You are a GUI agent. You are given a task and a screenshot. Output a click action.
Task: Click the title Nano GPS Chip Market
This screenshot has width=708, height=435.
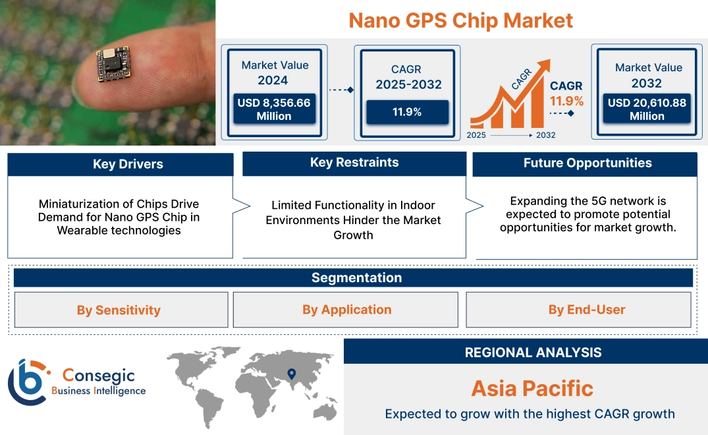click(460, 21)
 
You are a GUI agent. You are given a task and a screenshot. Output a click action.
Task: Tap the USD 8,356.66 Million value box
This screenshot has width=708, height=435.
click(274, 109)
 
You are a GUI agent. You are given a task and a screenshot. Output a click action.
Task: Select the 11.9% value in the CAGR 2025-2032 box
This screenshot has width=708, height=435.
click(407, 112)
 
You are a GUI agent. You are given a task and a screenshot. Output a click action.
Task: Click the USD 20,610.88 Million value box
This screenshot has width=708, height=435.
click(647, 109)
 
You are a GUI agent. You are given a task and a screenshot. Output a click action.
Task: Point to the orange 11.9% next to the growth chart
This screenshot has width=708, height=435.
click(566, 101)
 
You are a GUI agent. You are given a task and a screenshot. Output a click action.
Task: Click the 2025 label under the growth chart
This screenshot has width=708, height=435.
click(476, 135)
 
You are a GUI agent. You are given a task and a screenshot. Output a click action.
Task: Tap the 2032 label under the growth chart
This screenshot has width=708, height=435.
click(546, 135)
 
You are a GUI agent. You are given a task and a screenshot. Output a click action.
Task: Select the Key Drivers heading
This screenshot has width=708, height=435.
click(128, 164)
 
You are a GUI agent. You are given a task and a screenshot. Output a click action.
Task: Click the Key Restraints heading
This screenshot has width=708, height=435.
click(354, 163)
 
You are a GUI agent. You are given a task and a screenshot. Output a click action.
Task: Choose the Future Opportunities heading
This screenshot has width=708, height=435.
click(587, 163)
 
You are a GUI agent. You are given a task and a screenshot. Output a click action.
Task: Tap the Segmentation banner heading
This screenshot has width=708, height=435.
click(357, 277)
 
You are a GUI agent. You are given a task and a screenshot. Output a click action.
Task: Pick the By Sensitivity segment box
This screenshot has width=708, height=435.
click(121, 310)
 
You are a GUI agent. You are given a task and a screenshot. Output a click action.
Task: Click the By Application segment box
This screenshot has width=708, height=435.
click(345, 309)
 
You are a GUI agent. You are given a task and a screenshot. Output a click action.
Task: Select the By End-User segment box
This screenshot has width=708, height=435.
click(578, 309)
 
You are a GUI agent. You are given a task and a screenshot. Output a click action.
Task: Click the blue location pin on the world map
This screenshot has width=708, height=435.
click(292, 374)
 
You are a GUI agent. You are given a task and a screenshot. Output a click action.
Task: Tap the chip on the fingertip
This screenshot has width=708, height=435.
click(113, 64)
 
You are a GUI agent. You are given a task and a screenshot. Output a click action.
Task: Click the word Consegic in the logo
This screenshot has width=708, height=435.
click(98, 375)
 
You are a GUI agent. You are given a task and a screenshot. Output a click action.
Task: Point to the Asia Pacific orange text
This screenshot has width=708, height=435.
click(532, 388)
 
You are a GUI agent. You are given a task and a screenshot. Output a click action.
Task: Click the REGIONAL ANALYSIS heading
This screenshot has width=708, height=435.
click(533, 353)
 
